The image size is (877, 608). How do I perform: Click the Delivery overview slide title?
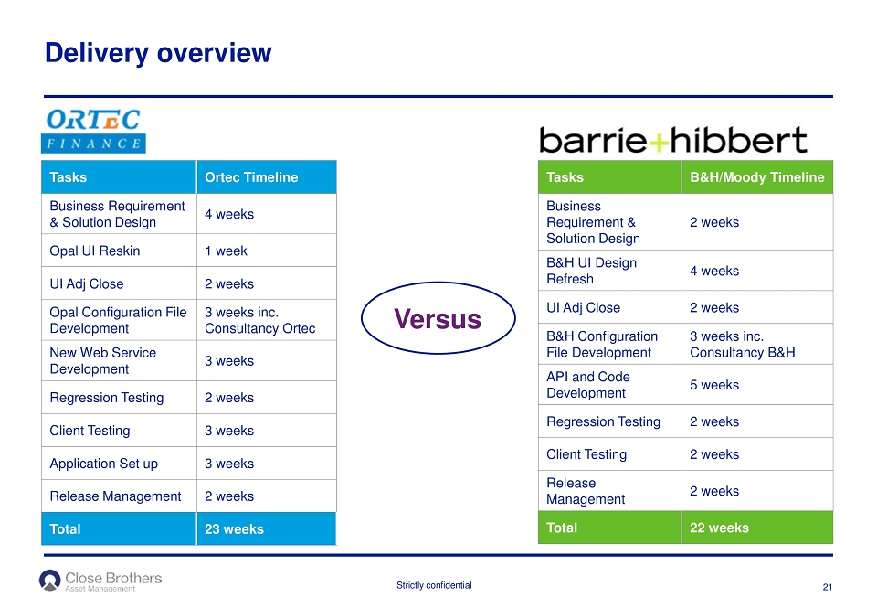[x=158, y=53]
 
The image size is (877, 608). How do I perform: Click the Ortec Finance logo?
[x=93, y=131]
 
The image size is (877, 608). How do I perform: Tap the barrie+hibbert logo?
[x=673, y=139]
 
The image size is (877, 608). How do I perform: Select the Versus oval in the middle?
[x=438, y=318]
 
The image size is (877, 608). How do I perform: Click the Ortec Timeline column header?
[x=266, y=176]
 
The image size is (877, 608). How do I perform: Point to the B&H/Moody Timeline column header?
[x=757, y=176]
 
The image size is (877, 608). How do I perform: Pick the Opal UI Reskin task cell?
[x=119, y=251]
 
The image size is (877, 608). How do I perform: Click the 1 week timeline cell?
[x=266, y=251]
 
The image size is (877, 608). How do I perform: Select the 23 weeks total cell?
[x=266, y=528]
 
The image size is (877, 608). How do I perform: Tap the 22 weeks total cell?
[x=757, y=528]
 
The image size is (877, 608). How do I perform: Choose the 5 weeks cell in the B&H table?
[x=757, y=385]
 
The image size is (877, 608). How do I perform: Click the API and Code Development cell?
[x=610, y=385]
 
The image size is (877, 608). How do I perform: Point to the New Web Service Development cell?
[x=119, y=360]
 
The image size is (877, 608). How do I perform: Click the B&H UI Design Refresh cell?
[x=610, y=271]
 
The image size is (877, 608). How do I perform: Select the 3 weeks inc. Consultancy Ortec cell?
[x=266, y=320]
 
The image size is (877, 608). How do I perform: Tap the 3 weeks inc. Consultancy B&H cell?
[x=757, y=344]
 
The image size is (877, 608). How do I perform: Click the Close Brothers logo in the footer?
[x=100, y=581]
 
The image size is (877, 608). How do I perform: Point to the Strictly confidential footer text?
[x=434, y=585]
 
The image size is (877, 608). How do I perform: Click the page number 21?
[x=828, y=587]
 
